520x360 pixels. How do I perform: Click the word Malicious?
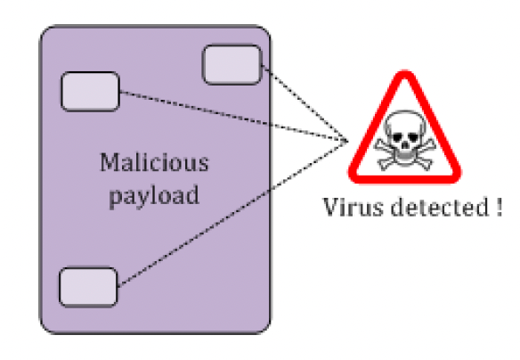pyautogui.click(x=155, y=162)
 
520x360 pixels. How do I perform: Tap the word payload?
pyautogui.click(x=154, y=195)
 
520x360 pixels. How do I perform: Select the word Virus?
pyautogui.click(x=353, y=207)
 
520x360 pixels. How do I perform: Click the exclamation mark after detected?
pyautogui.click(x=500, y=207)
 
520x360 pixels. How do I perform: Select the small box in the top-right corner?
pyautogui.click(x=232, y=65)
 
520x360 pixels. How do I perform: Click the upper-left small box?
pyautogui.click(x=91, y=91)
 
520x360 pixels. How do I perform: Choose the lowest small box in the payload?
pyautogui.click(x=88, y=287)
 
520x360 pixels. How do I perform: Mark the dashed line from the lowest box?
pyautogui.click(x=232, y=213)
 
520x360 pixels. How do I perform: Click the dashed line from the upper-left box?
pyautogui.click(x=234, y=117)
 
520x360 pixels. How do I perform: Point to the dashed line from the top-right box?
pyautogui.click(x=305, y=103)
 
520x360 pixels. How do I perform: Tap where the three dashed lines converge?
pyautogui.click(x=347, y=142)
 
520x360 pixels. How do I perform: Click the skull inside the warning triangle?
pyautogui.click(x=405, y=140)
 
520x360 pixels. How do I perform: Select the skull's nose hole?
pyautogui.click(x=405, y=144)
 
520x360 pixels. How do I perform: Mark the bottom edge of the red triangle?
pyautogui.click(x=405, y=179)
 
